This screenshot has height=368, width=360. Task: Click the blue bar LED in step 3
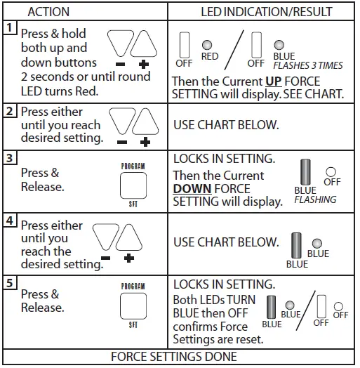[x=305, y=172]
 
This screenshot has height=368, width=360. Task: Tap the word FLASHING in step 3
[x=315, y=199]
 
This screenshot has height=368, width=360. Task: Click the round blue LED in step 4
[x=317, y=243]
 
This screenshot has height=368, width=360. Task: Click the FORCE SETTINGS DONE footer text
[x=180, y=357]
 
